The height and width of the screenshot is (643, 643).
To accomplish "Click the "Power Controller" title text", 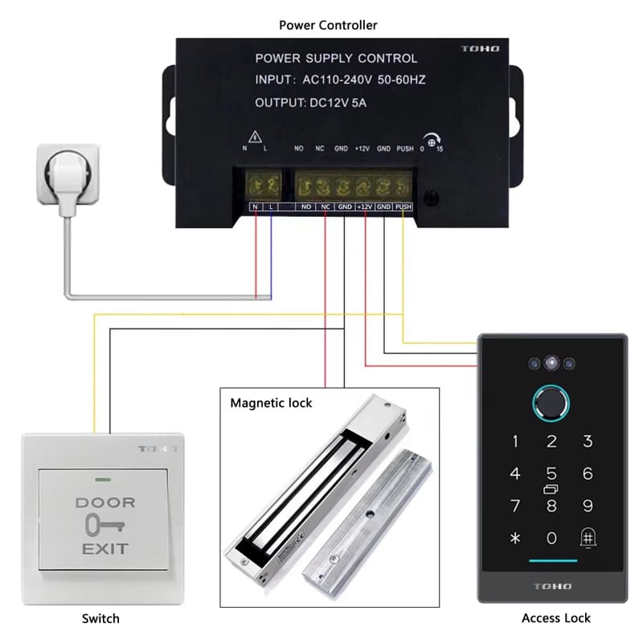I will pos(328,25).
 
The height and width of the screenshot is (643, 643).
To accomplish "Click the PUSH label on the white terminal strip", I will pos(404,207).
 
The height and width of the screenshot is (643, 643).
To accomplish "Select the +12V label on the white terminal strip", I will pos(365,207).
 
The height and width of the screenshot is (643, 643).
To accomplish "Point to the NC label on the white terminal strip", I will pos(326,207).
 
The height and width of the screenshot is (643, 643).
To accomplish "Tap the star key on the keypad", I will pos(515,538).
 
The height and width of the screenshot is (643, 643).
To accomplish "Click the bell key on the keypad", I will pos(588,538).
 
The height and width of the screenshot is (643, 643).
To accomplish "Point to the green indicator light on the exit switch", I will pos(102,481).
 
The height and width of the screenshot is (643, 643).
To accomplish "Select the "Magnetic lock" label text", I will pos(271,402).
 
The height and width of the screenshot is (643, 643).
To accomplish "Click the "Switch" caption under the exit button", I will pos(100,618).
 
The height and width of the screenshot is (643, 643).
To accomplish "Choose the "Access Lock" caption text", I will pos(556,618).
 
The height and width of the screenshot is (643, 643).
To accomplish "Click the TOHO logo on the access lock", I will pos(551,587).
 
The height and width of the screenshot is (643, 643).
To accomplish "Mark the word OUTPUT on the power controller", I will pos(277,103).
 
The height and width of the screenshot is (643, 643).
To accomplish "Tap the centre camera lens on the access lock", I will pos(551,363).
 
